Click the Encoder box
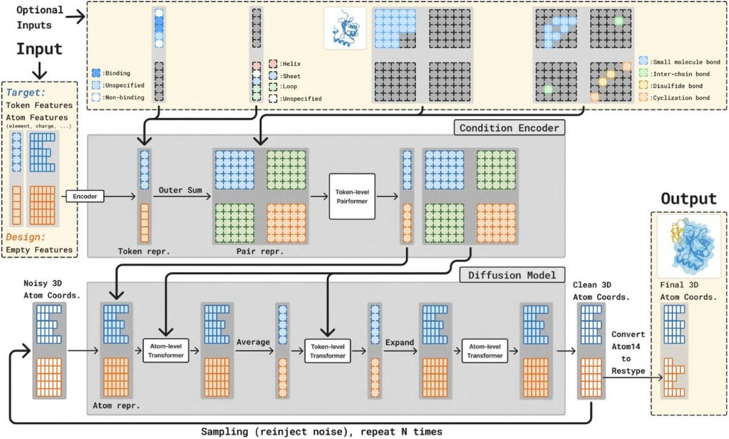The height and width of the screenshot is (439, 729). coord(85,196)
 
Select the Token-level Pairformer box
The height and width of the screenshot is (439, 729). coord(352,196)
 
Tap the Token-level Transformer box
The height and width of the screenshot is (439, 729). coord(327,351)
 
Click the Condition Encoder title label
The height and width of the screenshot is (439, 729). coord(509,128)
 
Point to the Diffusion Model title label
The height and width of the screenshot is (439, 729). coord(512,275)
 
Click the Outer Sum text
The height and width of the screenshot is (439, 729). coord(180,190)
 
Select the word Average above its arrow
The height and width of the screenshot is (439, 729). coord(253,342)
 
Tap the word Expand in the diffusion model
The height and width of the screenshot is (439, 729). coord(400,342)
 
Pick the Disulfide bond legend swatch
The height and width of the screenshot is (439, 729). coord(643,85)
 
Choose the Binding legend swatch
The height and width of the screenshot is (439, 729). coord(96,73)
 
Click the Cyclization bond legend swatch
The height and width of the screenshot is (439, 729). coord(643,97)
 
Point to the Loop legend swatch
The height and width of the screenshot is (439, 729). coord(273,86)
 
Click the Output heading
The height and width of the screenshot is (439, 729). coord(689,199)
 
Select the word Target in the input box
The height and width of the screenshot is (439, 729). coord(26,93)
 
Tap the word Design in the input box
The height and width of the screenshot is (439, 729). coord(26,237)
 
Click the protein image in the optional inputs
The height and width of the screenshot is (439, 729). coord(345,29)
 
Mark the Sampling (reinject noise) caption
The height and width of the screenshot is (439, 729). coord(321,432)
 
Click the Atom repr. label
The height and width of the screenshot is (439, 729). coord(116,406)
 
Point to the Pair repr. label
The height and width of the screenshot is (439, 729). coord(260,251)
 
